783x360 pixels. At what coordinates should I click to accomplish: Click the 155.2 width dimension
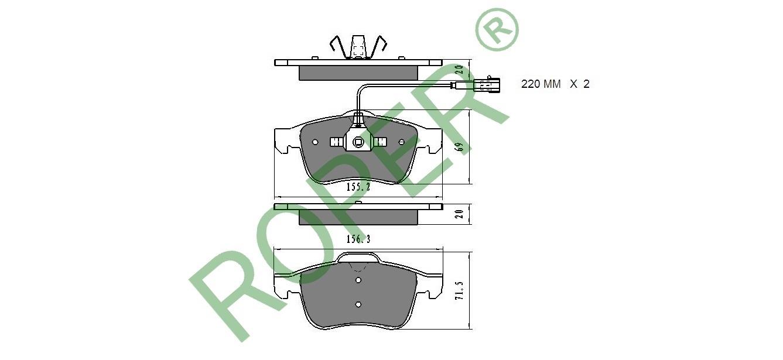[358, 187]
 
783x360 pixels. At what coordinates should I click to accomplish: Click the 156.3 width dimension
[358, 239]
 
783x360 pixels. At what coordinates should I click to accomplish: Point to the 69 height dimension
[460, 147]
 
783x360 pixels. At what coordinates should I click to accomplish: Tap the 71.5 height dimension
[459, 290]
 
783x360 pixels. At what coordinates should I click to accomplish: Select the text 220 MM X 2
[555, 84]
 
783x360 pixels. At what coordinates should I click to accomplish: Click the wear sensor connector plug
[486, 85]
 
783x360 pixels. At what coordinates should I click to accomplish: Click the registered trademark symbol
[497, 29]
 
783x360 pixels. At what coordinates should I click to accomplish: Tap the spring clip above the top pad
[358, 47]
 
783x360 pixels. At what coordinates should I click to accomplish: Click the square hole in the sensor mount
[358, 142]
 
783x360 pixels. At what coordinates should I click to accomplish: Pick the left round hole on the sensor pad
[315, 142]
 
